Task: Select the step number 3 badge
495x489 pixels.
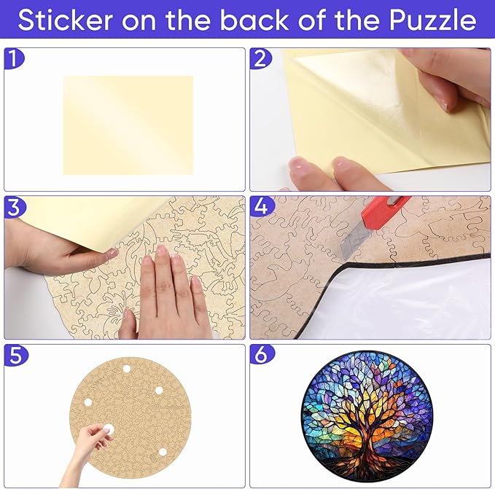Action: (13, 207)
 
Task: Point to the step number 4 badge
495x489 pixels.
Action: (260, 207)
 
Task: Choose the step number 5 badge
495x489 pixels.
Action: (13, 355)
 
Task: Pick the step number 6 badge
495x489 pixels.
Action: (260, 355)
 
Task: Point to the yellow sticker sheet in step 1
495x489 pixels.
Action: (128, 125)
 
